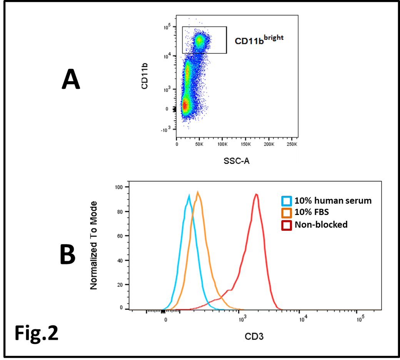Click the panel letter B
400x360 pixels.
[68, 255]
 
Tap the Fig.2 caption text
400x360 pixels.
[37, 333]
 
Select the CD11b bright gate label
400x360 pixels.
[259, 40]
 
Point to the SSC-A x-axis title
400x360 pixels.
[237, 160]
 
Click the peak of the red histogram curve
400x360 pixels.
[256, 194]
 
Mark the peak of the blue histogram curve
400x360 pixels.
[189, 195]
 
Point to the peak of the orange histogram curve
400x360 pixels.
[198, 192]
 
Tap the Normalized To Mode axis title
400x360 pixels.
[93, 245]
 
